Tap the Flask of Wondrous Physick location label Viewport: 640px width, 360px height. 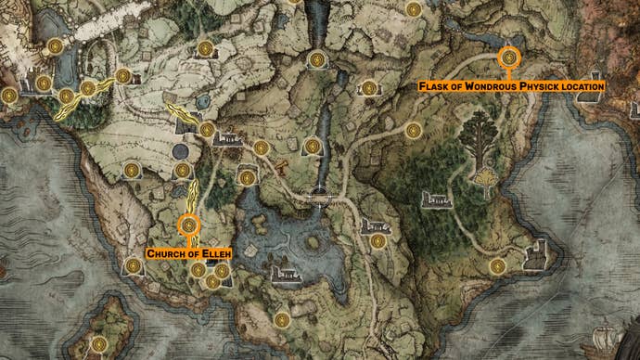511,85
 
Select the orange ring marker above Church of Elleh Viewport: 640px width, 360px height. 189,225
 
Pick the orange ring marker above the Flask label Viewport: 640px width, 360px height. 509,58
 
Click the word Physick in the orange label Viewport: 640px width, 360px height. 541,85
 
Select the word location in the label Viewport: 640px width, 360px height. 582,85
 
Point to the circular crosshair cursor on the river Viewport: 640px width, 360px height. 318,197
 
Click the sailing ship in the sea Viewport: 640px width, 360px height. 613,334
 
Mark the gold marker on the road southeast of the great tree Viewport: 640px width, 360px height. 498,266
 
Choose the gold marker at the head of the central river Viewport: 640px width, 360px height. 317,58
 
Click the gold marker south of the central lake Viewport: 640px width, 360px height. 282,319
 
